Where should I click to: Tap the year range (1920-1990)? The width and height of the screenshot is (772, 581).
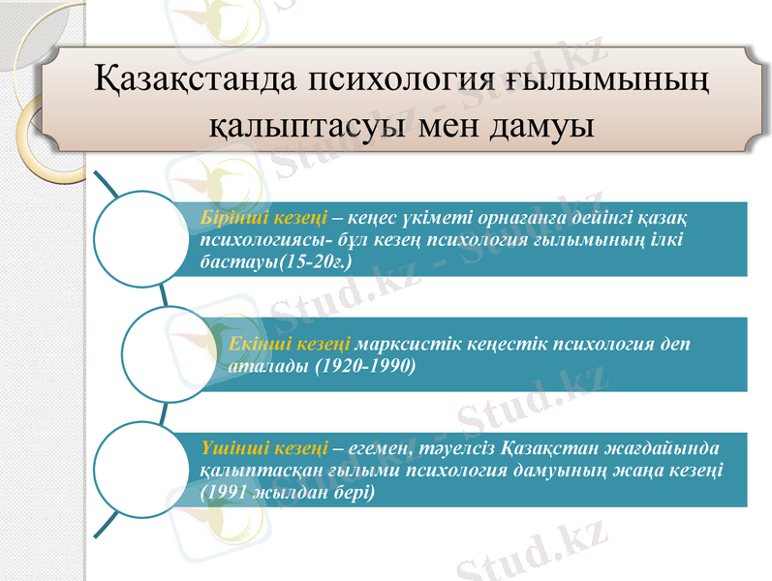[365, 366]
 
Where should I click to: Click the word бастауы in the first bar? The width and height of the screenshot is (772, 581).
[235, 261]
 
